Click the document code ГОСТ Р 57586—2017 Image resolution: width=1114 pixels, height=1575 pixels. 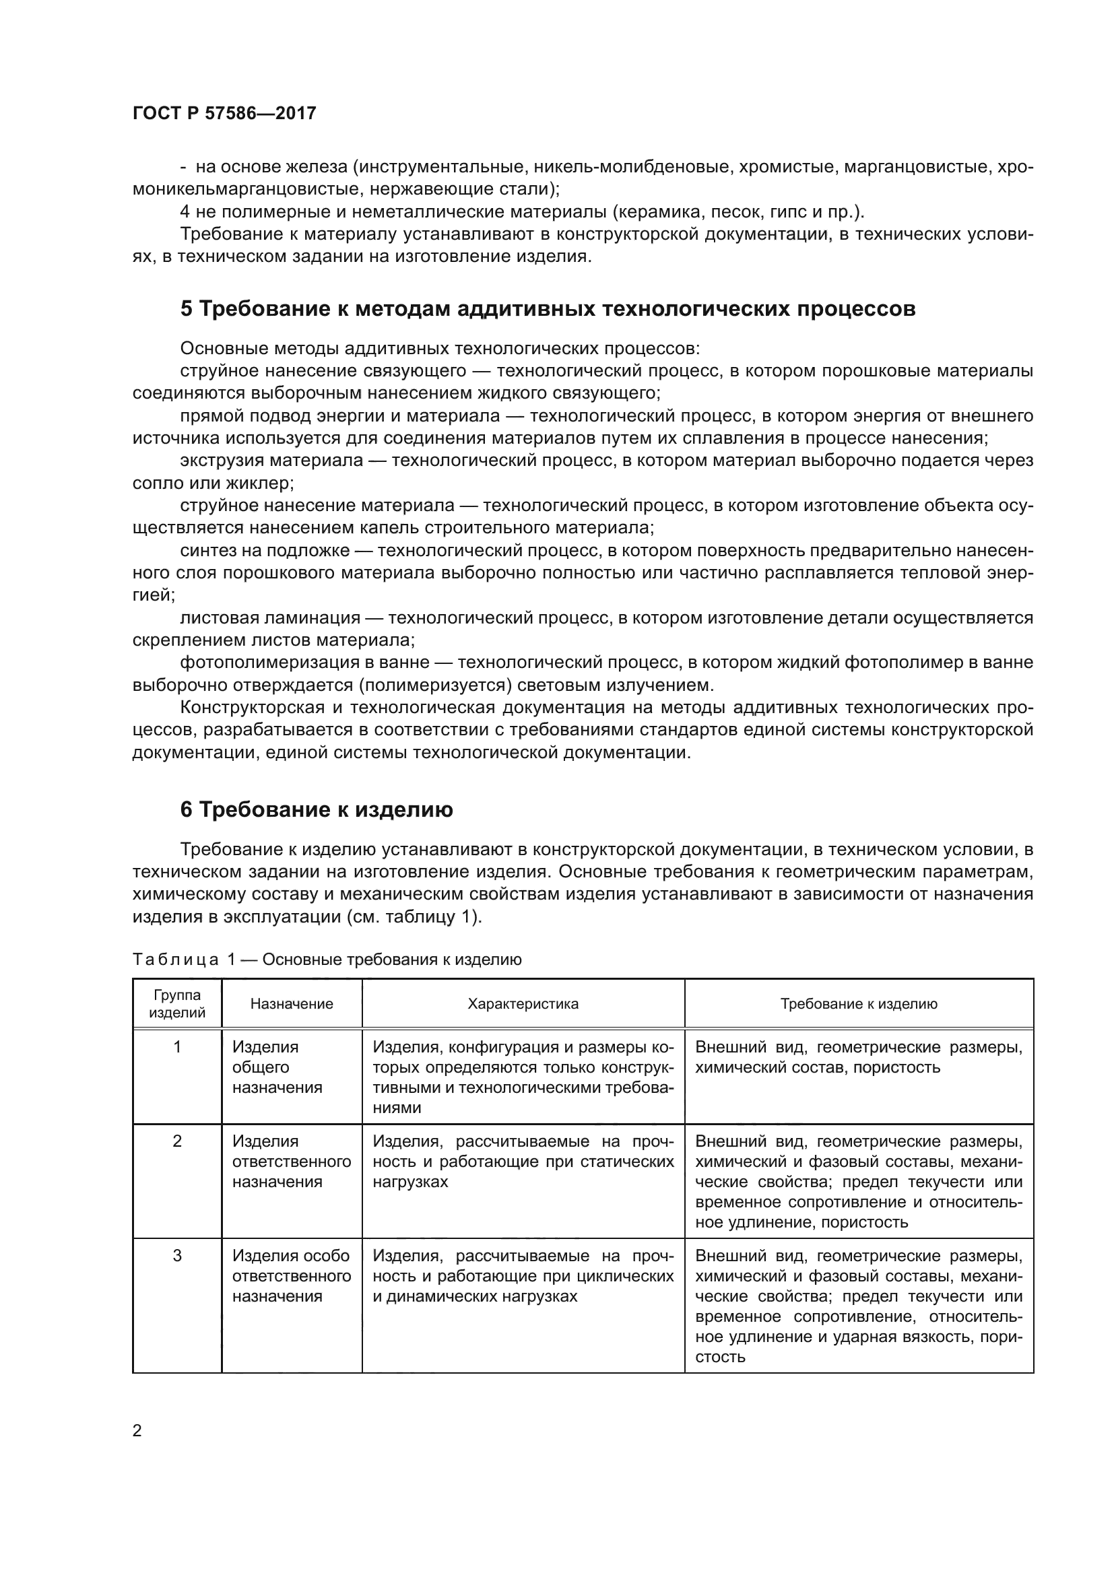[x=224, y=113]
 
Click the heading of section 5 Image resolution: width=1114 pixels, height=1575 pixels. [x=548, y=309]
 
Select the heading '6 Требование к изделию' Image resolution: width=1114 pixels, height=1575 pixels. [x=317, y=810]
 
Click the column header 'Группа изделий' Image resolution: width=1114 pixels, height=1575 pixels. [x=177, y=1003]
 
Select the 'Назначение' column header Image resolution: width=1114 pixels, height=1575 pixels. [x=292, y=1004]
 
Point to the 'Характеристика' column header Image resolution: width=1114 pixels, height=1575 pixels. [x=523, y=1004]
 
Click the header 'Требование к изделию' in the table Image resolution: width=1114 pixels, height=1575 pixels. [x=858, y=1004]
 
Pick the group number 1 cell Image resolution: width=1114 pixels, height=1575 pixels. [x=177, y=1047]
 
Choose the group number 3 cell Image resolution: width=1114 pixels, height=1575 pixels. [x=177, y=1256]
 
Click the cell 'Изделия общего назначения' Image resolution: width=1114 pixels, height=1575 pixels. [x=276, y=1067]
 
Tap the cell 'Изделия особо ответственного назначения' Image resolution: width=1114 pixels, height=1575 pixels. [x=291, y=1276]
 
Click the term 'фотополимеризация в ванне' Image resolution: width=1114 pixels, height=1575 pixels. [x=304, y=663]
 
